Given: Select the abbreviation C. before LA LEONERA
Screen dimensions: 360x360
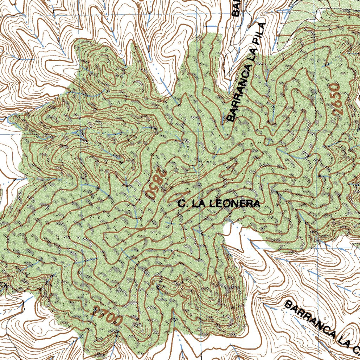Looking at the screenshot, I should (x=181, y=204).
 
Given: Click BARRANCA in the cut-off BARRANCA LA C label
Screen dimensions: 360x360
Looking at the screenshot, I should (x=309, y=318).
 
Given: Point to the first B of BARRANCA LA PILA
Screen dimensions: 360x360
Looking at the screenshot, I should (x=231, y=118).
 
